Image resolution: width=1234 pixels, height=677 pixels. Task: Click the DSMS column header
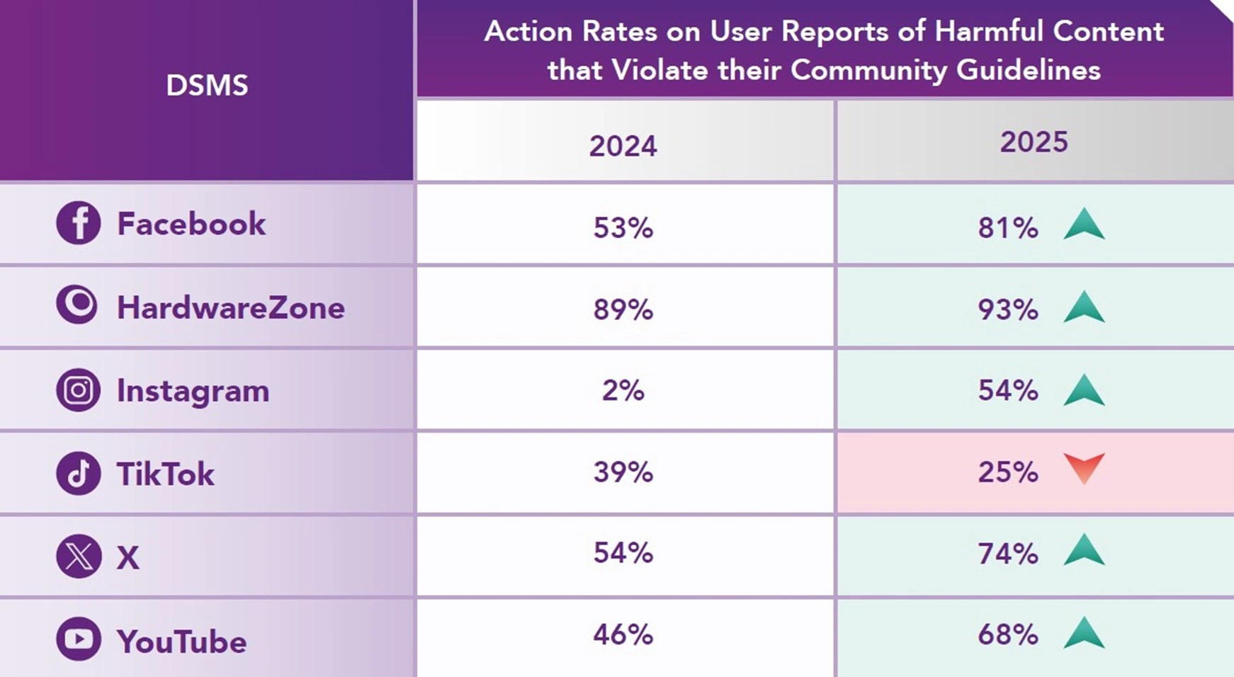click(207, 86)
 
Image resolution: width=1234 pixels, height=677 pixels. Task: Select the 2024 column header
click(623, 146)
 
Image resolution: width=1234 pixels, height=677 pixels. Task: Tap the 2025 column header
click(1034, 142)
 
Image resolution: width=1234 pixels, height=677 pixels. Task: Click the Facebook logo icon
click(78, 223)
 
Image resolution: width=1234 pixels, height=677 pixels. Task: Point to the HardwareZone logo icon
click(77, 305)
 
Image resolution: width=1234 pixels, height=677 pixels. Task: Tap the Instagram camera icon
click(78, 389)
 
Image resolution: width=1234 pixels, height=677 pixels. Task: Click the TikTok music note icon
click(78, 473)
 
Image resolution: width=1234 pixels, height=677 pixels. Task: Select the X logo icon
click(78, 556)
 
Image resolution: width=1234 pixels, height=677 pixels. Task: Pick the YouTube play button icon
click(78, 639)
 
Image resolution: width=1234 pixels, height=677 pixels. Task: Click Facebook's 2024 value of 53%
click(623, 227)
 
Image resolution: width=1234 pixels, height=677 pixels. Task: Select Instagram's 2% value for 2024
click(623, 390)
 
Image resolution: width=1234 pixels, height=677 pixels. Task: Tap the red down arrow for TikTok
click(1085, 468)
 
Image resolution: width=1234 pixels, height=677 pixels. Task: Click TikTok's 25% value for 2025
click(1008, 472)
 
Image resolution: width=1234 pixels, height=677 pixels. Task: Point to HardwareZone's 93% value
click(1008, 309)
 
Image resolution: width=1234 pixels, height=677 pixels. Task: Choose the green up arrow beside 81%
click(1085, 224)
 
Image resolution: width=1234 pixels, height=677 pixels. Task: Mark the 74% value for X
click(1008, 553)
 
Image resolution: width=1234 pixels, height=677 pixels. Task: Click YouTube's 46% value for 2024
click(623, 635)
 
